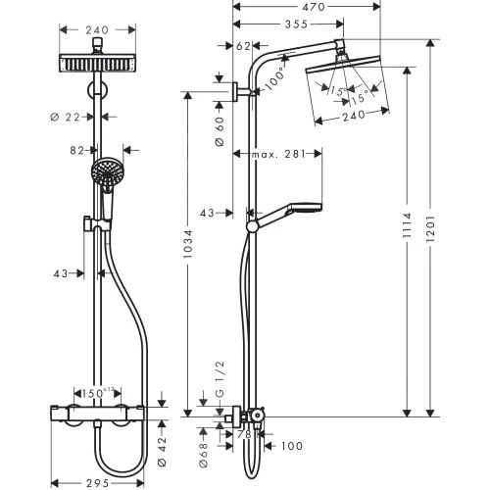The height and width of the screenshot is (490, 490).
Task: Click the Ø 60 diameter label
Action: (220, 122)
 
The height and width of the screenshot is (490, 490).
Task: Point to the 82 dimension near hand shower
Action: (76, 152)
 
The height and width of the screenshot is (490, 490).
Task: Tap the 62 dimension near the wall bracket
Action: (244, 45)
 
